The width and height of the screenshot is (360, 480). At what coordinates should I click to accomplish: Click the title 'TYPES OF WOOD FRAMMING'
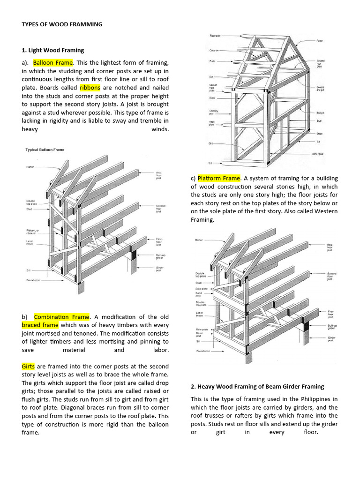coord(62,24)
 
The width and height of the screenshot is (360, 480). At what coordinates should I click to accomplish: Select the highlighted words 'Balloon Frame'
coord(53,62)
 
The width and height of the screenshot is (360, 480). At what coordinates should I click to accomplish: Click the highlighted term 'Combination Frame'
coord(61,317)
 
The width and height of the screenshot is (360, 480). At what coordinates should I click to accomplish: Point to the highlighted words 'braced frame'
coord(40,325)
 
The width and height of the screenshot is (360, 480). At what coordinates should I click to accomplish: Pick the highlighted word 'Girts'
coord(28,366)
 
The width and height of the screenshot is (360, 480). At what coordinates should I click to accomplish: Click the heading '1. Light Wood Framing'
coord(53,50)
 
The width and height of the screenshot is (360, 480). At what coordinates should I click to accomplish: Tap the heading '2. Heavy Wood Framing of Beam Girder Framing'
coord(257,386)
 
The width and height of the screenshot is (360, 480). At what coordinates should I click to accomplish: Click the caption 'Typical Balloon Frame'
coord(45,150)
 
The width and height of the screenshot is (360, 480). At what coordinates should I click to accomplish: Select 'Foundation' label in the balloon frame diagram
coord(33,280)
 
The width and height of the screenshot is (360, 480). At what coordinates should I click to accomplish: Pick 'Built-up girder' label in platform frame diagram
coord(332,327)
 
